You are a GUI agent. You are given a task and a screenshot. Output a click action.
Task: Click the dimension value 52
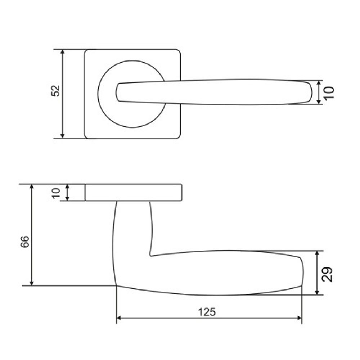coord(55,91)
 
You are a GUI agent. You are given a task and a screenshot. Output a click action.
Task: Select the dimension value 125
coord(207,312)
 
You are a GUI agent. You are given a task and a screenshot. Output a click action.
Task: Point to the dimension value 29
coord(327,274)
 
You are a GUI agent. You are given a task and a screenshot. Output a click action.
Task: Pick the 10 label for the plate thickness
coord(56,193)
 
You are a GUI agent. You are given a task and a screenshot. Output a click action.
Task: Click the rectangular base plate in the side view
coord(133,192)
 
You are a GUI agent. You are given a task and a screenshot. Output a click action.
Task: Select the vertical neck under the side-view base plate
coord(132,223)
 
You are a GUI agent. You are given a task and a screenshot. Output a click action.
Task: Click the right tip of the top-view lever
coord(310,92)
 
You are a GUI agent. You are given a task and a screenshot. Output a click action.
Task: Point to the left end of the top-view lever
coord(117,92)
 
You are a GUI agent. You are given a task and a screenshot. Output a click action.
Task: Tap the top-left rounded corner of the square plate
coord(86,51)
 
